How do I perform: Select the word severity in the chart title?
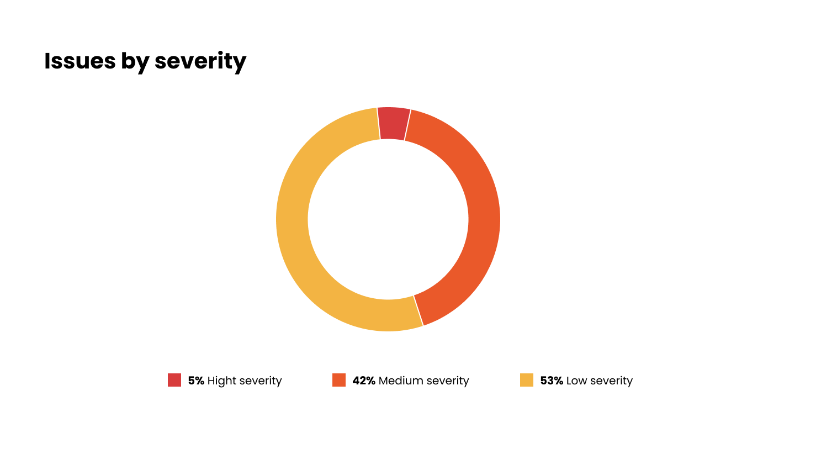200,61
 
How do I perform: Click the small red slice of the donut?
393,123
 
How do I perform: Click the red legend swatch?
174,380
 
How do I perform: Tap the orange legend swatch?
339,380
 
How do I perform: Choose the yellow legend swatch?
527,380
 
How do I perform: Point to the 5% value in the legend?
196,381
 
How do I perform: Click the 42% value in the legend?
364,381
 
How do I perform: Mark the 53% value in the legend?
552,381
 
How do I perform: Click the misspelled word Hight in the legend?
221,381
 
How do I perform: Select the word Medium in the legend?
398,381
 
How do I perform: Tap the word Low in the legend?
576,381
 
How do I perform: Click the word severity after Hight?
260,381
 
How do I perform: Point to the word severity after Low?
611,381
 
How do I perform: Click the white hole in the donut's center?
388,219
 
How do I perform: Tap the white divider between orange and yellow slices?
418,310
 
